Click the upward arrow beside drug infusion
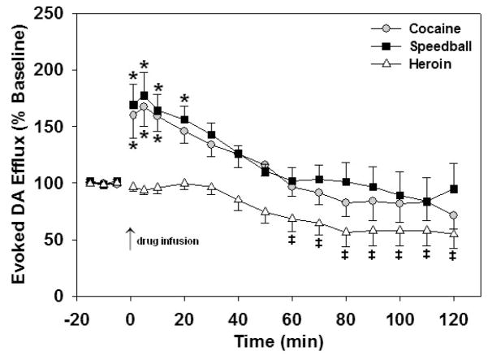coord(130,240)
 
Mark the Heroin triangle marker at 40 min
coord(239,200)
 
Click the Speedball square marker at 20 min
coord(185,120)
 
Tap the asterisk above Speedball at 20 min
coord(185,99)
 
